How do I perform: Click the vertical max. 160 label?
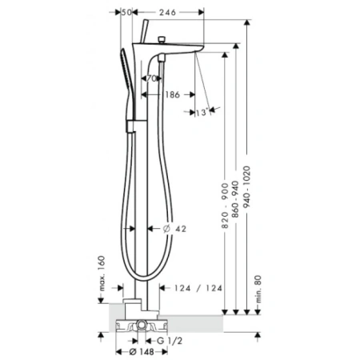101,274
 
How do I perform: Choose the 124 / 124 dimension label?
197,288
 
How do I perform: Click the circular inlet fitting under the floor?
141,326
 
